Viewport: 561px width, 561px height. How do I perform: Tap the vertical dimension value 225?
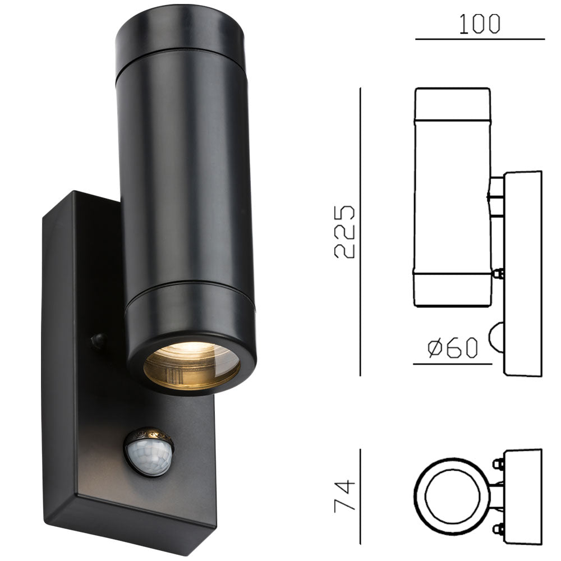(x=345, y=232)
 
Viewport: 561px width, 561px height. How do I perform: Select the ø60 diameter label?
(x=453, y=348)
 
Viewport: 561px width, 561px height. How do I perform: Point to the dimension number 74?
(x=345, y=495)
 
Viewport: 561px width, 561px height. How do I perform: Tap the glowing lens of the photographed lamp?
(x=191, y=365)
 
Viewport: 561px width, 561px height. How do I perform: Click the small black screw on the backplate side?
(x=98, y=340)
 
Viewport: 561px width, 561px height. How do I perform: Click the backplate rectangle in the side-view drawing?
(x=523, y=273)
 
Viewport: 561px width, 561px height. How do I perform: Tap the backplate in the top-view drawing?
(x=523, y=496)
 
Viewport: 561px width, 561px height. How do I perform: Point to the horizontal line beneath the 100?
(x=480, y=39)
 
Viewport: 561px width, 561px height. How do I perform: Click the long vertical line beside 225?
(x=360, y=232)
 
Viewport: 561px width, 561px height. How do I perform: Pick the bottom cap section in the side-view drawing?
(x=452, y=289)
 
